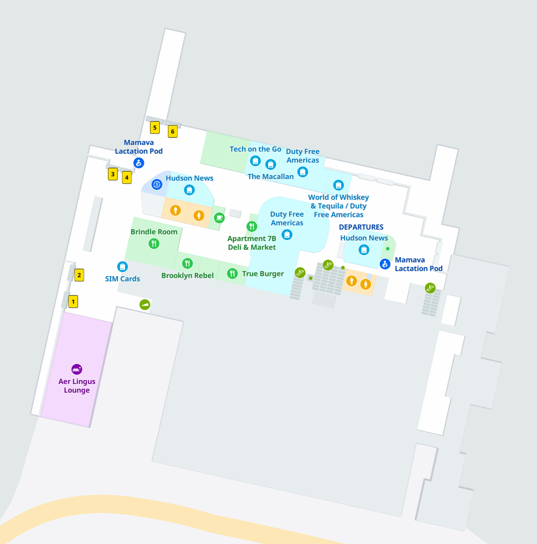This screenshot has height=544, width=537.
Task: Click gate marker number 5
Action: (155, 128)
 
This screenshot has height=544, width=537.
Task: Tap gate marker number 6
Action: (173, 132)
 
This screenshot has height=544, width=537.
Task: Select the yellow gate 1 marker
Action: (73, 302)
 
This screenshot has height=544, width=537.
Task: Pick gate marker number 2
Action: (79, 275)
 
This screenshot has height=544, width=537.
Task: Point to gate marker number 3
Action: (113, 174)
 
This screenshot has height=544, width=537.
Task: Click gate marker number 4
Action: (127, 178)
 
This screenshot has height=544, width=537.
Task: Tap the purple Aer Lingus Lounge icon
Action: (77, 369)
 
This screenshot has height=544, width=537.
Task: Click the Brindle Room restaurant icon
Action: (154, 244)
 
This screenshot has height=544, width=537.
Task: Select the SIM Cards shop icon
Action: (122, 267)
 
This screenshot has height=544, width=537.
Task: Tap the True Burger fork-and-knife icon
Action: (232, 274)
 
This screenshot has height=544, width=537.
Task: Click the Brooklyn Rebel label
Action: (188, 276)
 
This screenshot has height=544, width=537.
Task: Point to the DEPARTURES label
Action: (361, 227)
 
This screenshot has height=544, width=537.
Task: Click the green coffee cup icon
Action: (219, 218)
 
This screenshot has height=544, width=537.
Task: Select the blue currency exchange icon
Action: (157, 184)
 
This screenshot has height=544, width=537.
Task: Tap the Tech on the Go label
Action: (256, 149)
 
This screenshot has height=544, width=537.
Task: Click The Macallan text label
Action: (271, 177)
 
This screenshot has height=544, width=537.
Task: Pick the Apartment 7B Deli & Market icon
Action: (252, 227)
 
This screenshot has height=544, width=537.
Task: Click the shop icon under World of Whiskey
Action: (338, 185)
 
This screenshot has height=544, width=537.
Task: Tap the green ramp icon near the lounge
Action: (145, 305)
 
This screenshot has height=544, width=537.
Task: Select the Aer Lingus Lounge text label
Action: (77, 386)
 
